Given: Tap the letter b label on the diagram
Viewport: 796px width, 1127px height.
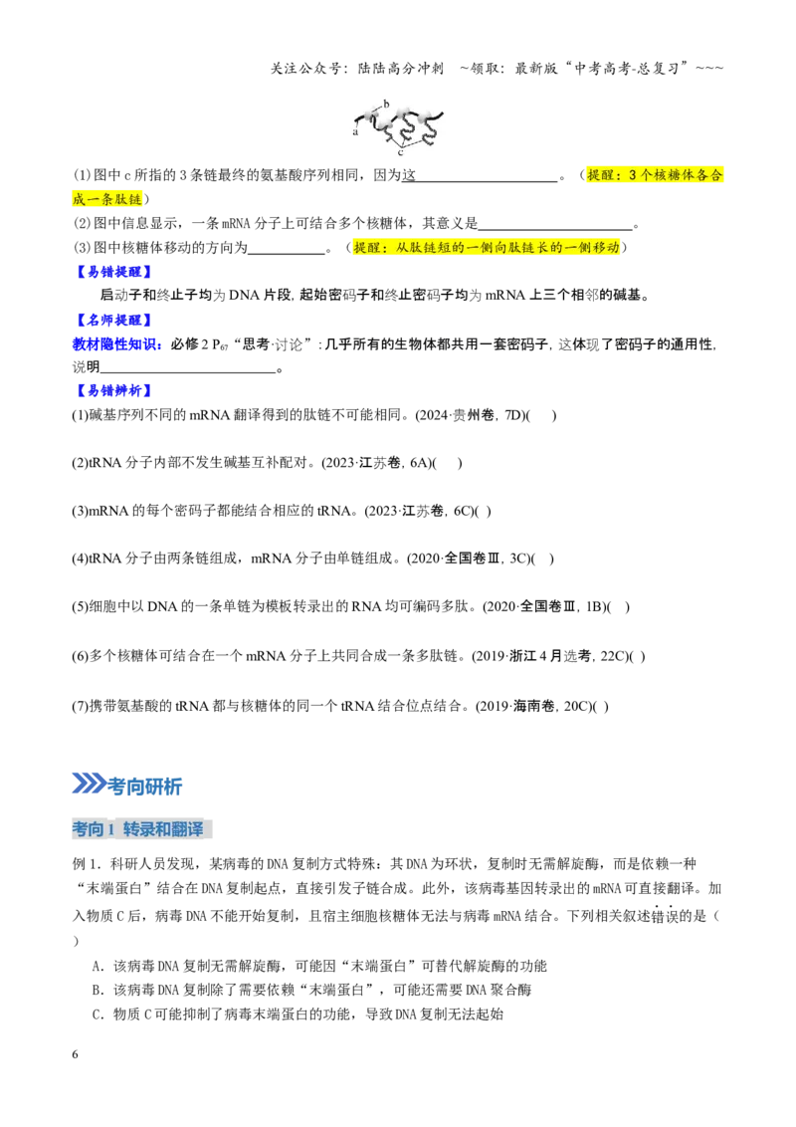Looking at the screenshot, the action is tap(386, 104).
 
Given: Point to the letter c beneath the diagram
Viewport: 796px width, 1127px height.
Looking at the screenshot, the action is tap(400, 152).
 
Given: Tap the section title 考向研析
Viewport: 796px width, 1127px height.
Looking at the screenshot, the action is tap(144, 787).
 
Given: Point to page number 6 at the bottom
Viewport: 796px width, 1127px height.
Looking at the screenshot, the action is tap(75, 1054).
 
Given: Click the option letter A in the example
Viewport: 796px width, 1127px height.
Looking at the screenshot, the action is tap(98, 966).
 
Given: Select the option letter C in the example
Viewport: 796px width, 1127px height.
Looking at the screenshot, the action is tap(98, 1014).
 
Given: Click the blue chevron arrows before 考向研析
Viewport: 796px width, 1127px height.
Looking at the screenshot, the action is tap(90, 784).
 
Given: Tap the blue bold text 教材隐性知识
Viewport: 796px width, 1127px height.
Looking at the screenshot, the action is tap(115, 344).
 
